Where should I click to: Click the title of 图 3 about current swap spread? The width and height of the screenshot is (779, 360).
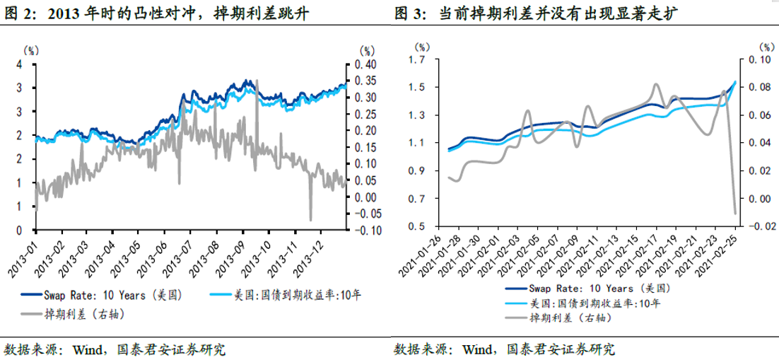pos(538,13)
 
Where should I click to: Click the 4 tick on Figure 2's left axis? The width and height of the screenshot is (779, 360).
pos(20,64)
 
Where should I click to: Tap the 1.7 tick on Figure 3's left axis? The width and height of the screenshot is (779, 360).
pos(417,60)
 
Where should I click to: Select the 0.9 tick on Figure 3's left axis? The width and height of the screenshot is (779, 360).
pos(417,170)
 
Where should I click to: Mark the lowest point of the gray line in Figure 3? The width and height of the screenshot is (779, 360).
pos(734,213)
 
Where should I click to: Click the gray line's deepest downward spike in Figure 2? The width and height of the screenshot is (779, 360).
pos(310,219)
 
